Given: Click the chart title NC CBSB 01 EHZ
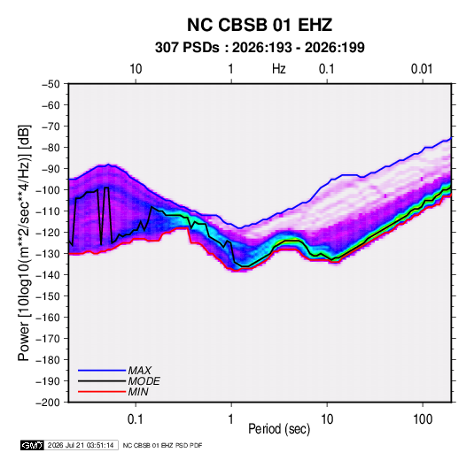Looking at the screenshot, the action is [260, 25].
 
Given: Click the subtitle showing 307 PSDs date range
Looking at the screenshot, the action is [260, 48].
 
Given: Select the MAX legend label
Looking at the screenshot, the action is [139, 370].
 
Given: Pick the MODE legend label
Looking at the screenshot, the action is [144, 381].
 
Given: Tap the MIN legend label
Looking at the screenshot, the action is [138, 392].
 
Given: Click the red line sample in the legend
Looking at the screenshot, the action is [102, 392].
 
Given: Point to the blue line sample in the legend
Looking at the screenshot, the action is [102, 370].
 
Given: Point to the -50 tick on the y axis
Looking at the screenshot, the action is [51, 84].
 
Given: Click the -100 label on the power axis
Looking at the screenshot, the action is [48, 190].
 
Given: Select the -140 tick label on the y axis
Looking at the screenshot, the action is [48, 275].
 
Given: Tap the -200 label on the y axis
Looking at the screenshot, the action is [48, 403].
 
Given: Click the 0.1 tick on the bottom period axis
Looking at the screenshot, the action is [136, 419].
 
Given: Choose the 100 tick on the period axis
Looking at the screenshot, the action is [423, 419].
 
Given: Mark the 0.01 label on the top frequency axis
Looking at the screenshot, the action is [422, 69].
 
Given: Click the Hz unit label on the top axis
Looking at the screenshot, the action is [278, 69].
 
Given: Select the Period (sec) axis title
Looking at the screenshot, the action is [279, 429].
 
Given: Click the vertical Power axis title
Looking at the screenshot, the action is [24, 243].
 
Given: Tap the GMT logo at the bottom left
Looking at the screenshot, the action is [33, 445].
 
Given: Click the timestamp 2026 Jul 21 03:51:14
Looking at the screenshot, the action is [81, 445].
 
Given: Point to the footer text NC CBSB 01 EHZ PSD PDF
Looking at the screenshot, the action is [162, 445].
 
